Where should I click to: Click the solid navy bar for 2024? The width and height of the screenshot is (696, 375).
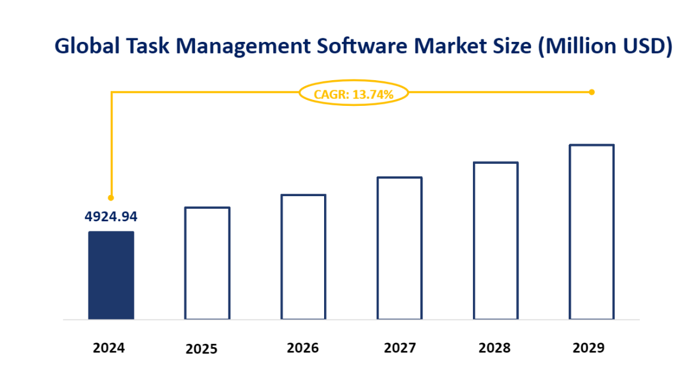pos(111,275)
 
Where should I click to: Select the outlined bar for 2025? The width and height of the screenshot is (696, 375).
pos(207,263)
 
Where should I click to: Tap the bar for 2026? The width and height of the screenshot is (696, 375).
pos(303,257)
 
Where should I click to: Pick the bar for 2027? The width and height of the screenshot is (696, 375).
pos(399,248)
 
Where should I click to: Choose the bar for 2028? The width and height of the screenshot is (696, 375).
pos(496,240)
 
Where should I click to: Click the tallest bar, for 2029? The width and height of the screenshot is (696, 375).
pos(591,232)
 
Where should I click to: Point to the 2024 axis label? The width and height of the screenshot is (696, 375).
pos(109,347)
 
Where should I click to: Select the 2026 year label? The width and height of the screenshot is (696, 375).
pos(303,347)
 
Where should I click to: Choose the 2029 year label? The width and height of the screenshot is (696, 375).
pos(588,347)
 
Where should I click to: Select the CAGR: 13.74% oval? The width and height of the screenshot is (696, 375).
pos(353,94)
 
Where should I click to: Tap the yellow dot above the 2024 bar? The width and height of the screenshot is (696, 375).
pos(111,197)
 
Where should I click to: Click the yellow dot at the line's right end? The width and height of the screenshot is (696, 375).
pos(591,92)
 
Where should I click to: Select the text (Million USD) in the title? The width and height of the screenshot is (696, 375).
pos(605,45)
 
